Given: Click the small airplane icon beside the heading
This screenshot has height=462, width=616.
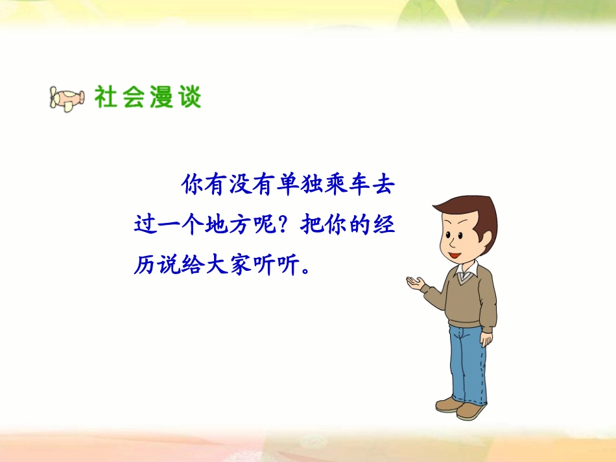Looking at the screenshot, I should click(67, 98).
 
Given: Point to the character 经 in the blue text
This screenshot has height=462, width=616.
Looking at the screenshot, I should click(383, 224).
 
